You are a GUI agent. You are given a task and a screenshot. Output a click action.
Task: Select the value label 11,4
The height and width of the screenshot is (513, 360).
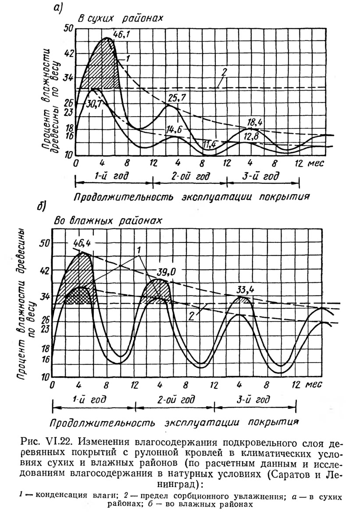click(210, 144)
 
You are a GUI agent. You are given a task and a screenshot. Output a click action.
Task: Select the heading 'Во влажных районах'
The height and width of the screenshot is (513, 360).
click(108, 220)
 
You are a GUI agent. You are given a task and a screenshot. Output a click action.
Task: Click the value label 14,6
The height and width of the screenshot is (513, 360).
click(174, 129)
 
